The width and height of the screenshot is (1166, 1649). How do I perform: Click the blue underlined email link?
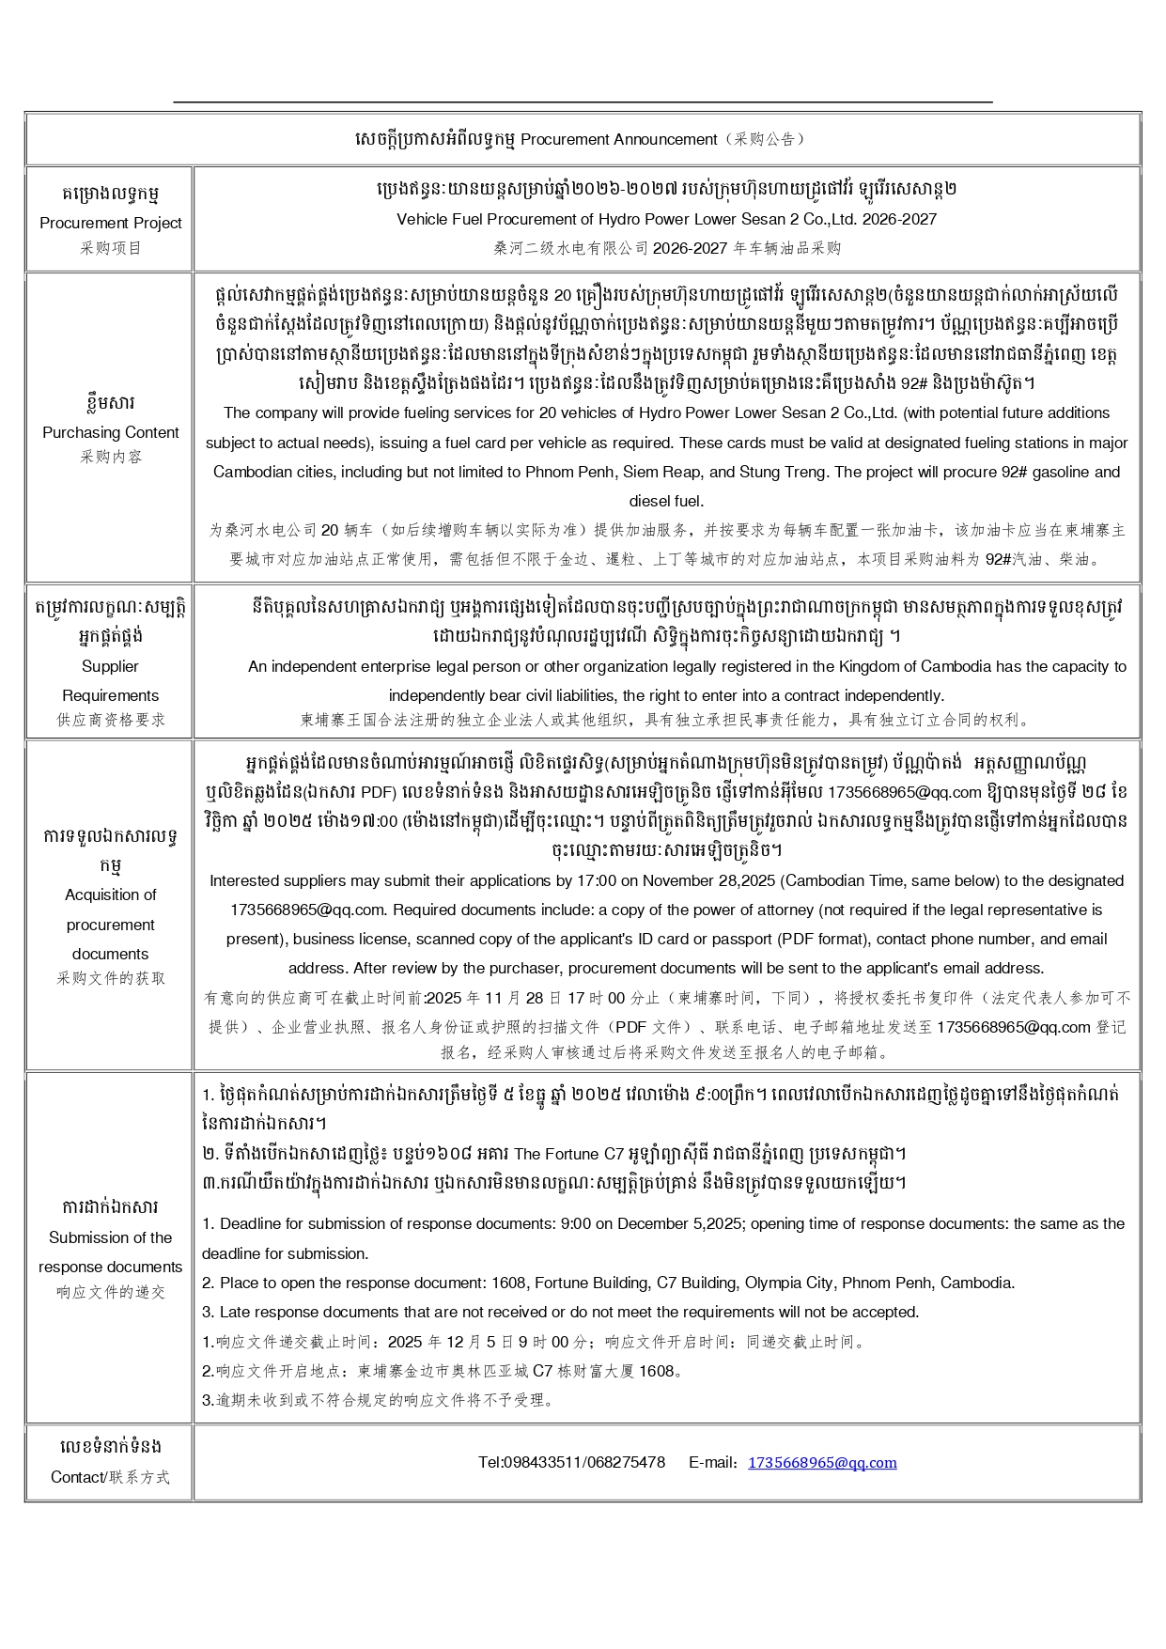click(821, 1462)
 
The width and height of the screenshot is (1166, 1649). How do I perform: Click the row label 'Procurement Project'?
click(111, 223)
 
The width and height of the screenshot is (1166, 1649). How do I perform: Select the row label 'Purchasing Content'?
click(111, 432)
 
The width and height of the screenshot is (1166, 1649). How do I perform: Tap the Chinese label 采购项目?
click(111, 248)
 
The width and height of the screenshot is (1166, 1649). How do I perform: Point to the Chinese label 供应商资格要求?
click(111, 720)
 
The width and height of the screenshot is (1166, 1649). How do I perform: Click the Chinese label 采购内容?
click(111, 457)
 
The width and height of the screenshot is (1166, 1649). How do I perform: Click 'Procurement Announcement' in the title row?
click(619, 139)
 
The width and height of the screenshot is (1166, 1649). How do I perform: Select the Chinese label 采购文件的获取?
click(111, 978)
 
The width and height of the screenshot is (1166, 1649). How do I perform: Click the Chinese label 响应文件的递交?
click(111, 1292)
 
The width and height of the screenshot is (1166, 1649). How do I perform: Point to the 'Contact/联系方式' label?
click(111, 1477)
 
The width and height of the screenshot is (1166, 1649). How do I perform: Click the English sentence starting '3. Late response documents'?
click(560, 1312)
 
